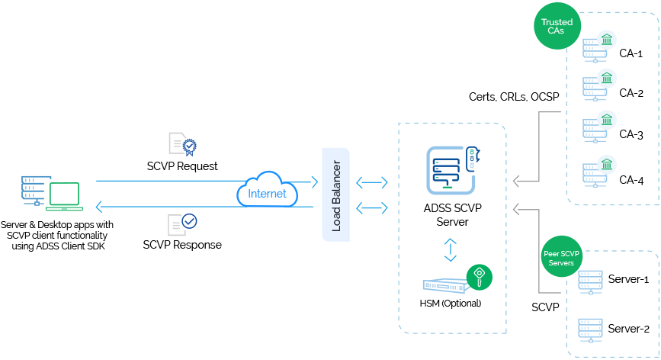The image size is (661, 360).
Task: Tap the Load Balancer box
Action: point(336,194)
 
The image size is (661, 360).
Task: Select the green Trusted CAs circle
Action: point(557,26)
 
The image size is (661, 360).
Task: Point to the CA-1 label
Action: point(631,53)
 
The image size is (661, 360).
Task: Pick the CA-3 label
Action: point(631,134)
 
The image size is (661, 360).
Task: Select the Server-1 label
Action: point(628,279)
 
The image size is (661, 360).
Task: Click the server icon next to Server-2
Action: point(590,330)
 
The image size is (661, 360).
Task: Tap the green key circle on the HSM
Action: point(480,278)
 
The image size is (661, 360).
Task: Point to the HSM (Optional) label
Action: point(451,303)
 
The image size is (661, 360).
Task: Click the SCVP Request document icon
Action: point(182,144)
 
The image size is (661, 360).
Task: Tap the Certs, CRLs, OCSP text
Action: point(514,97)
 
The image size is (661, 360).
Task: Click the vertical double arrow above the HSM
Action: point(451,250)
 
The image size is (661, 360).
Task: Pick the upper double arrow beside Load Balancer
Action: point(372,182)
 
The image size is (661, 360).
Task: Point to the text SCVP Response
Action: point(182,245)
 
